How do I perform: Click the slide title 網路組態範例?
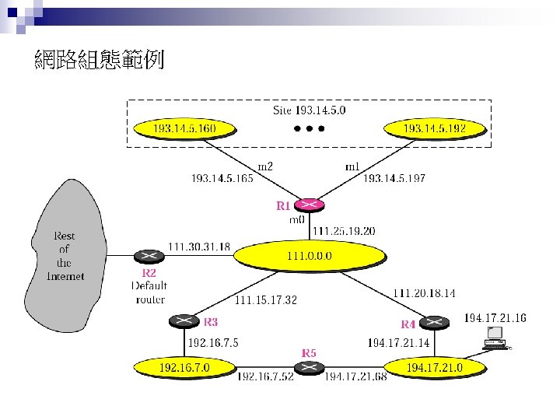100,60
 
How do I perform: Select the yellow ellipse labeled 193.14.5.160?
184,128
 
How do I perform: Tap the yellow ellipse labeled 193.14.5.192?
435,128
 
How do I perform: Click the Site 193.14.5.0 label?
310,110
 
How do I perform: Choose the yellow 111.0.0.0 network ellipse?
310,254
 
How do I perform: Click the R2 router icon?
148,256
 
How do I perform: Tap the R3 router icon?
184,320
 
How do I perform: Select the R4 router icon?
435,320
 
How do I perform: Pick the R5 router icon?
310,367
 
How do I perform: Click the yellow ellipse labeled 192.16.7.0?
184,366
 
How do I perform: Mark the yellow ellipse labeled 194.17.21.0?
436,366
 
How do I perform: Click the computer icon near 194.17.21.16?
494,338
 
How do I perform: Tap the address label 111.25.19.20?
343,231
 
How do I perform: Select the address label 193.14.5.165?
222,179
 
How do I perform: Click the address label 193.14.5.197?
394,179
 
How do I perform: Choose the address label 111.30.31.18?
199,247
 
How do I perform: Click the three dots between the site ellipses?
309,128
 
